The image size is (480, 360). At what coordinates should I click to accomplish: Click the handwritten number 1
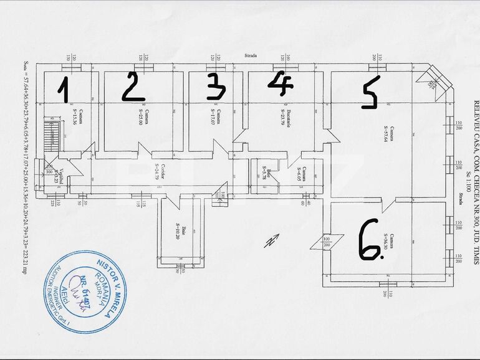pyautogui.click(x=62, y=88)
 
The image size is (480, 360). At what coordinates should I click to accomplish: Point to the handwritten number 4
pyautogui.click(x=281, y=83)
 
